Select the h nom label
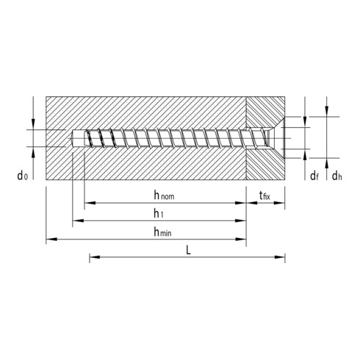pyautogui.click(x=164, y=195)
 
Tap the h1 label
pyautogui.click(x=158, y=213)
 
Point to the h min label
pyautogui.click(x=163, y=231)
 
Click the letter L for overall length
pyautogui.click(x=189, y=250)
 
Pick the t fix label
pyautogui.click(x=265, y=195)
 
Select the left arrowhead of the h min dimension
pyautogui.click(x=50, y=239)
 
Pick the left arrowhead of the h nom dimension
pyautogui.click(x=89, y=202)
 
